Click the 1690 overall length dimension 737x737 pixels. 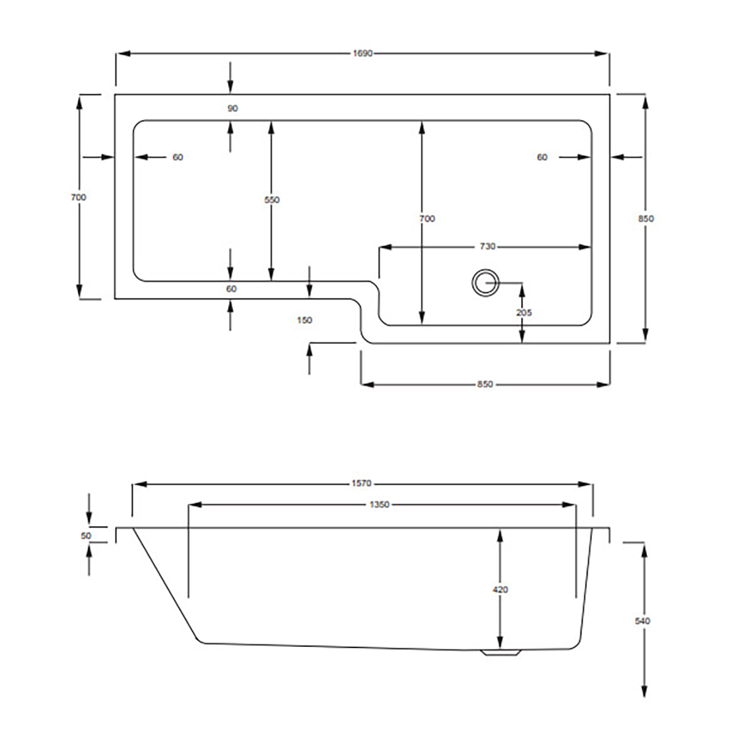362,53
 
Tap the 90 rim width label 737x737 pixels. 233,108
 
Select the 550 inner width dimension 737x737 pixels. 272,200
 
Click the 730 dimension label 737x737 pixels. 488,247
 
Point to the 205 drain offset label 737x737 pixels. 524,313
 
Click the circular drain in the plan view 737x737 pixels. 485,283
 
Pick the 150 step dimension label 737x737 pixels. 305,320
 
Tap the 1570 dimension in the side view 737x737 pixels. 361,483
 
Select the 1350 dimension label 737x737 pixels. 380,504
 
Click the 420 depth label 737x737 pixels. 501,590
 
